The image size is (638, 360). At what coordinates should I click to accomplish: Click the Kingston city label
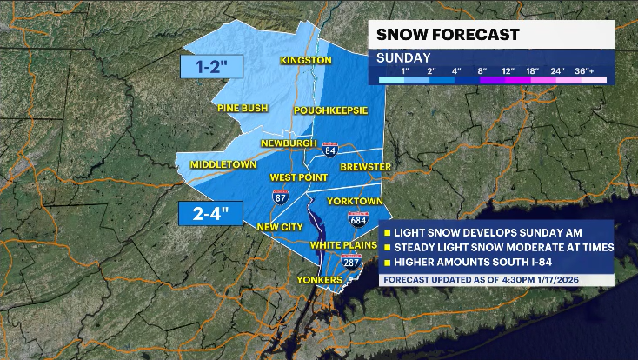(x=306, y=60)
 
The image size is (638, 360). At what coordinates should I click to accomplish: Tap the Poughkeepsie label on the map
(x=330, y=110)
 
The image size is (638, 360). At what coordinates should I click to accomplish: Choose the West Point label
(x=297, y=177)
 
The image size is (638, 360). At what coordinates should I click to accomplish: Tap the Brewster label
(x=366, y=166)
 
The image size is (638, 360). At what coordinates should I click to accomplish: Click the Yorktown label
(x=355, y=201)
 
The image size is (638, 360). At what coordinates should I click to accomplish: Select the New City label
(x=278, y=227)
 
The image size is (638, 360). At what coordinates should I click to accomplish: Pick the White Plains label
(x=344, y=245)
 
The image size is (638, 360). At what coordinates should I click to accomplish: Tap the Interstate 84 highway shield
(x=330, y=149)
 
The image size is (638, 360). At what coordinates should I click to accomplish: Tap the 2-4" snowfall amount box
(x=209, y=213)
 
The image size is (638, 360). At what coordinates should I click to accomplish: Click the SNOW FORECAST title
(x=448, y=35)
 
